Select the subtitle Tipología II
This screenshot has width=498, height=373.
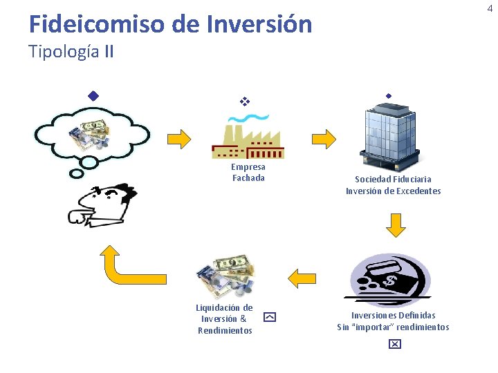coord(71,52)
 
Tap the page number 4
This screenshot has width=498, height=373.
coord(490,8)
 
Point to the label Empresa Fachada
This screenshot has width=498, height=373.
coord(248,172)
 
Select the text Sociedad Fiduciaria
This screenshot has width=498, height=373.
coord(393,179)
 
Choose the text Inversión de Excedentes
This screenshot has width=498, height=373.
coord(393,191)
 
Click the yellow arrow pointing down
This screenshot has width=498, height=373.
coord(395,224)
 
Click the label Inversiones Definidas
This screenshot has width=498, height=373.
coord(393,315)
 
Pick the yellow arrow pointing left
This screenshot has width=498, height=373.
coord(302,278)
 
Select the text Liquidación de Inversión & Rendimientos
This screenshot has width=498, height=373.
coord(224,318)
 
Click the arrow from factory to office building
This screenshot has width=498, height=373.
coord(323,138)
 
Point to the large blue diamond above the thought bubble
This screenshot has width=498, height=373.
coord(93,95)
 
